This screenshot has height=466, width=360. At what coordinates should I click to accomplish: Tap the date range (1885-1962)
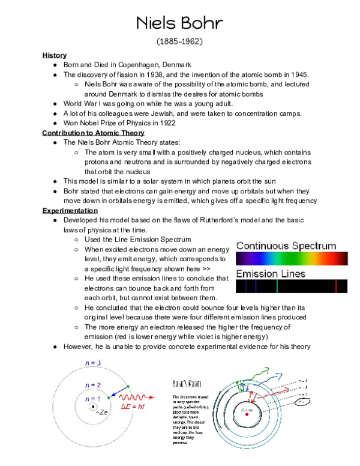(179, 42)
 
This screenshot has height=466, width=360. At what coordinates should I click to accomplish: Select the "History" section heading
(55, 55)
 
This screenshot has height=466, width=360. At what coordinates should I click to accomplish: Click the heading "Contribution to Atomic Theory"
(93, 133)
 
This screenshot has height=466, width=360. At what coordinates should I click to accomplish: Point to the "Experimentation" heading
(70, 211)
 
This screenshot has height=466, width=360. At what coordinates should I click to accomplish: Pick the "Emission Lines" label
(270, 274)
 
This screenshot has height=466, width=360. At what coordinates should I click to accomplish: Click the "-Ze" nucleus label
(102, 413)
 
